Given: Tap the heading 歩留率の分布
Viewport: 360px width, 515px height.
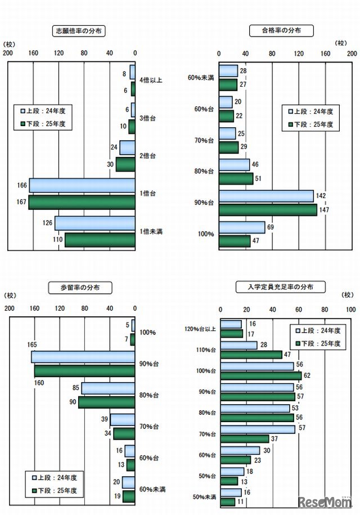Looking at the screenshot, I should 79,288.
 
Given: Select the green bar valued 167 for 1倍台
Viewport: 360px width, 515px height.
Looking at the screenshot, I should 82,202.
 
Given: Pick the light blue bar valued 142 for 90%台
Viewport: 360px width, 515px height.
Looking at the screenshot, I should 267,196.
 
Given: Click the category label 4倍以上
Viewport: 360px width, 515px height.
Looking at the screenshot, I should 151,80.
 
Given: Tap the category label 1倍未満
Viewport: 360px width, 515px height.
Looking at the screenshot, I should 151,231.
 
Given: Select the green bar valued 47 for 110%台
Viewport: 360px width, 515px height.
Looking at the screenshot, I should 251,355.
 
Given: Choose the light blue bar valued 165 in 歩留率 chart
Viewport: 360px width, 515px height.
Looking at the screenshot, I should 83,357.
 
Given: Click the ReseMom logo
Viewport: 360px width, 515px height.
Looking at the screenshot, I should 325,501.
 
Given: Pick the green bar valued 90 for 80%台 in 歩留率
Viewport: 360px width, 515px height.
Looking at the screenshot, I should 106,402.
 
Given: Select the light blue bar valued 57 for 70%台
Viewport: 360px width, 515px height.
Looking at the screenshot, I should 258,429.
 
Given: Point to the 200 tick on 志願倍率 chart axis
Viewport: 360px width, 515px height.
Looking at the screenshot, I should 8,53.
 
